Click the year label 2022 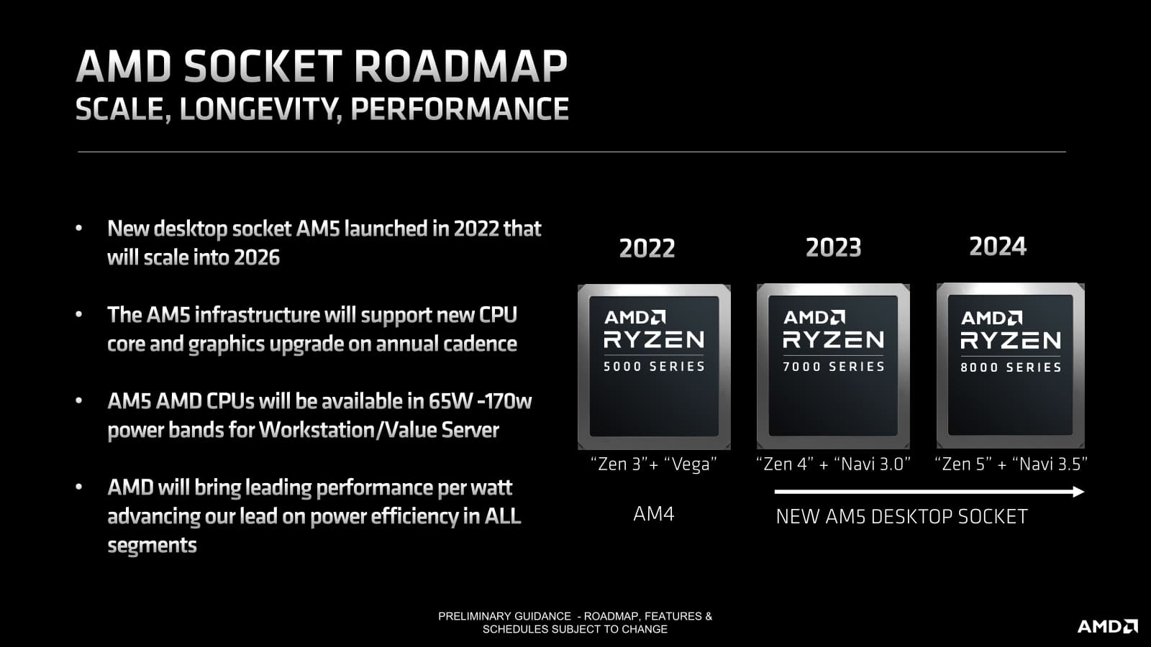point(647,248)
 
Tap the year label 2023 point(834,247)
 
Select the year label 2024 point(998,246)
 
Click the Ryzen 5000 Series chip point(654,367)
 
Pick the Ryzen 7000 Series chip point(833,366)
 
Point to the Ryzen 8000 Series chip point(1010,365)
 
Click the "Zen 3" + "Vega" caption point(654,464)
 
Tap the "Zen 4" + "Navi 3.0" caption point(834,464)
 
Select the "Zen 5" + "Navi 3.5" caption point(1011,464)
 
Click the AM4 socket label point(654,513)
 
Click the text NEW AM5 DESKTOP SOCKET point(902,517)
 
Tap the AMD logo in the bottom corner point(1107,626)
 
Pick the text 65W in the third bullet point(450,401)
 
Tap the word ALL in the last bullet point(503,516)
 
